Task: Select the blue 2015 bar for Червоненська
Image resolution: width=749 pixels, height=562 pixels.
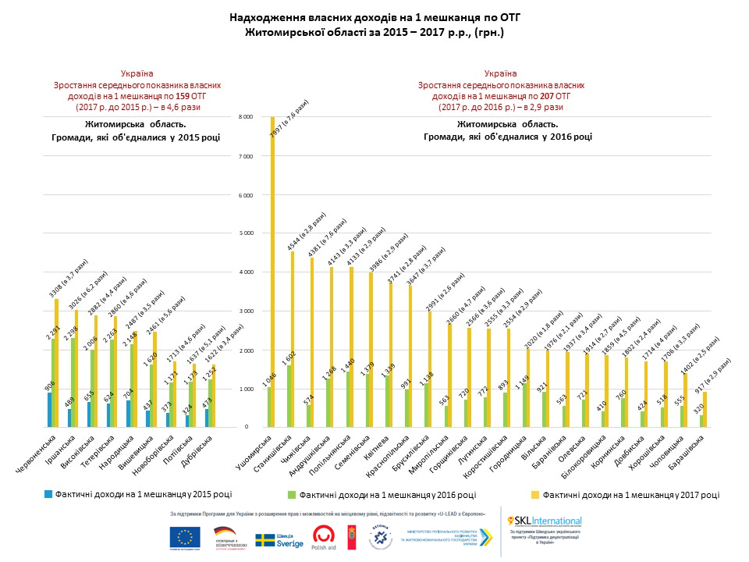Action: click(x=49, y=410)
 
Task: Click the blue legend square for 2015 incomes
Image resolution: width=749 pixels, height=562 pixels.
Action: click(x=48, y=494)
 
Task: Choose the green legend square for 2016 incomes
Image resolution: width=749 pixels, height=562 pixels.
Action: click(x=291, y=494)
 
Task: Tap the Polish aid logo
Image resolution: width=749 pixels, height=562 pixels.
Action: click(x=324, y=538)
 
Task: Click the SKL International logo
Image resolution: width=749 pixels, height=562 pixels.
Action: click(x=545, y=521)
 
